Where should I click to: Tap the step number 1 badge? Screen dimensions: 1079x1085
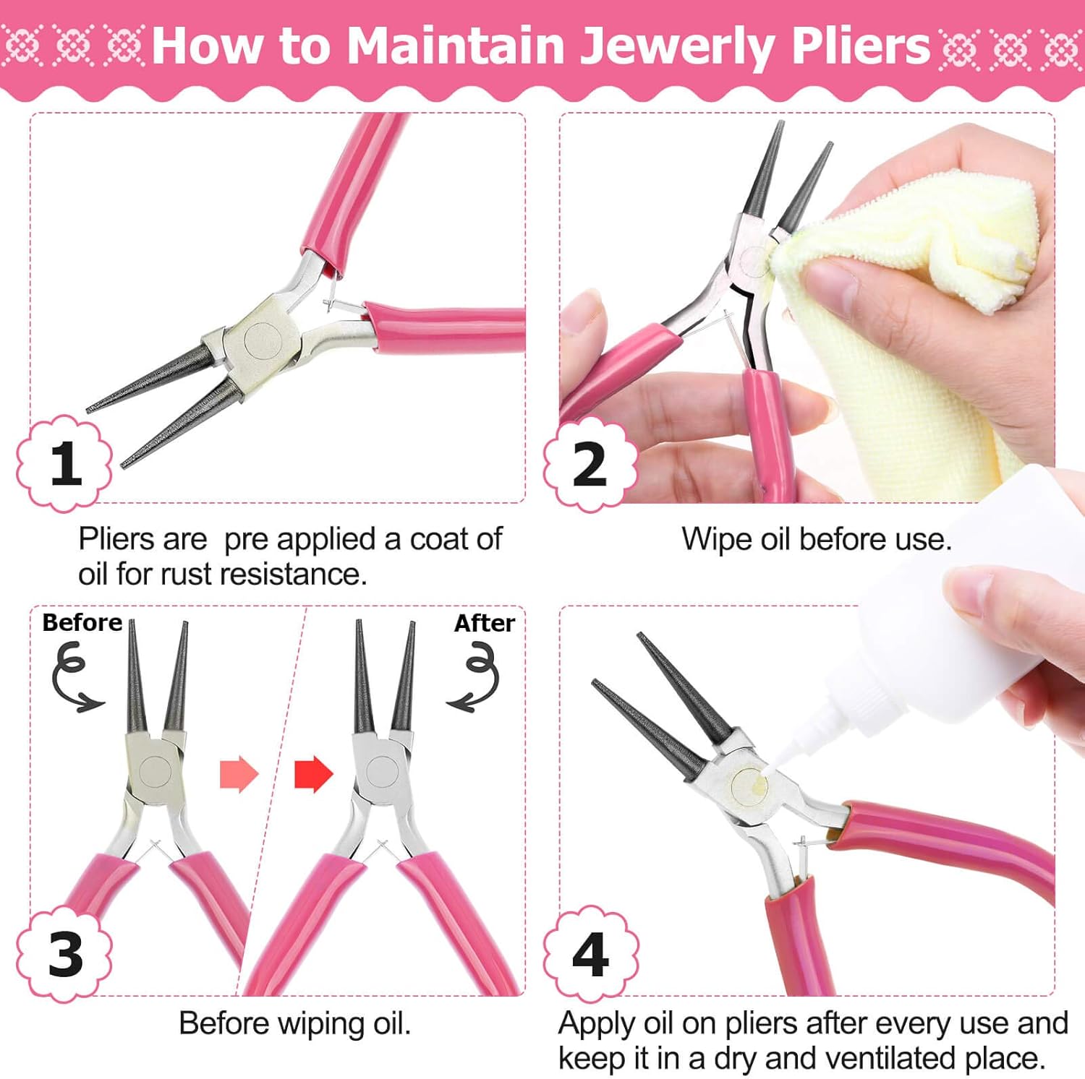pos(65,463)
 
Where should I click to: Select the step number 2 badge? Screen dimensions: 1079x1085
pos(590,465)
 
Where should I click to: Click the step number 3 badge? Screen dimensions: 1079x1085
pos(65,954)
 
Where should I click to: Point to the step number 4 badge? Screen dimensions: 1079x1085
pos(590,954)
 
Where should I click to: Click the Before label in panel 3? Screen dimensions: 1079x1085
pos(82,622)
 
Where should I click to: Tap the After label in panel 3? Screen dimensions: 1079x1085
pos(484,623)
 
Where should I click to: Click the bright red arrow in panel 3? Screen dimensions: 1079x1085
pos(313,775)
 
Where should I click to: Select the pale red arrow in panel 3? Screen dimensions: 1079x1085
pos(239,774)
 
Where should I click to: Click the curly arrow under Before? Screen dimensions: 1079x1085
pos(73,679)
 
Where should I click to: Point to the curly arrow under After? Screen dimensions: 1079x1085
pos(475,679)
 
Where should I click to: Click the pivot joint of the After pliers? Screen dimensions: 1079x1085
pos(382,770)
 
